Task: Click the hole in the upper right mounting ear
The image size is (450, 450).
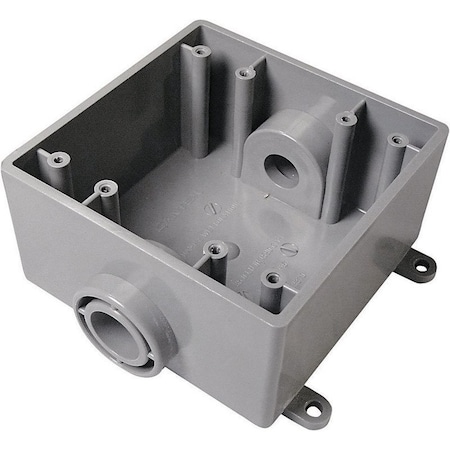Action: (x=420, y=266)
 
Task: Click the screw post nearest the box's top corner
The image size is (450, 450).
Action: (x=199, y=50)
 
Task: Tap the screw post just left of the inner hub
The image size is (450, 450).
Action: (x=243, y=73)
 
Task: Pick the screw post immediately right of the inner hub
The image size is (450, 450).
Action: (x=345, y=119)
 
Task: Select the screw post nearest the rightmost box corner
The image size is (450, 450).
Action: (x=396, y=140)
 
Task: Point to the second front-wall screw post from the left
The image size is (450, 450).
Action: (x=103, y=185)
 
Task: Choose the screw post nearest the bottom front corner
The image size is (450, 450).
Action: (x=269, y=278)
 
